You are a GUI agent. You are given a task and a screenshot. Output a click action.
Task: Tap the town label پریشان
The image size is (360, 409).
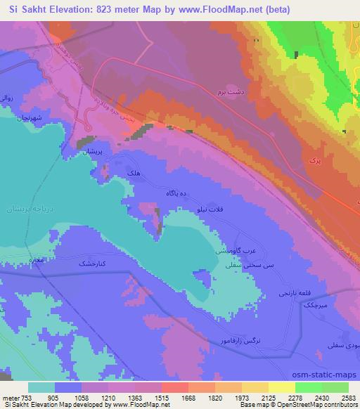pyautogui.click(x=94, y=152)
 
